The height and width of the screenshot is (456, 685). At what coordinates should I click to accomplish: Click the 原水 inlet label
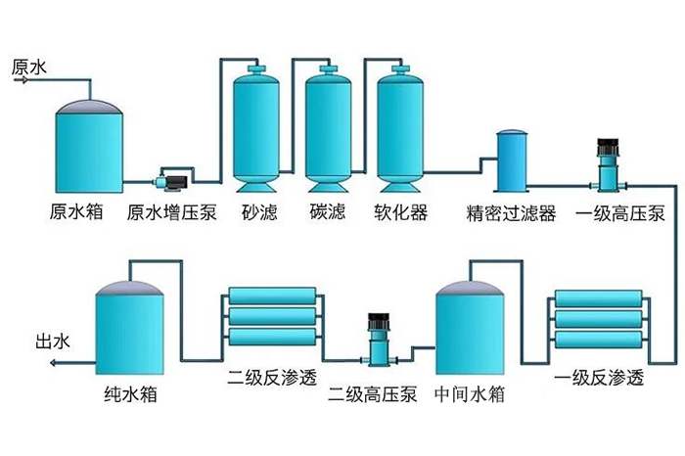click(29, 68)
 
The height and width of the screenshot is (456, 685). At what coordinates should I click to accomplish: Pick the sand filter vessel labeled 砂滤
click(256, 127)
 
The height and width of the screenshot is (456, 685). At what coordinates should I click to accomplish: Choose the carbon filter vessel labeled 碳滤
click(328, 127)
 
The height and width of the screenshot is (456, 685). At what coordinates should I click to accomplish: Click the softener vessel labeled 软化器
click(400, 127)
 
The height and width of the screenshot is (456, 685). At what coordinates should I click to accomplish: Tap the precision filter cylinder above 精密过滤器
click(512, 162)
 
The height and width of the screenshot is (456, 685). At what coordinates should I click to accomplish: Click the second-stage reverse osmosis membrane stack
click(271, 316)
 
